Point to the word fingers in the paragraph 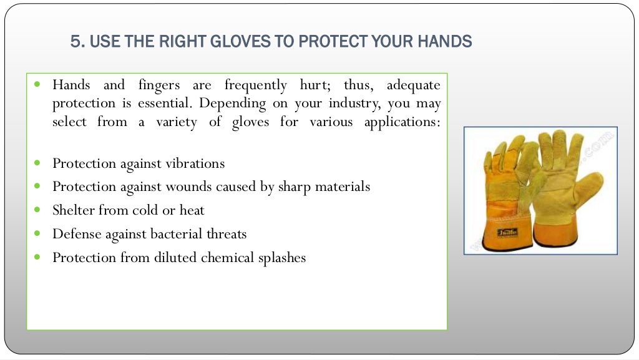(159, 85)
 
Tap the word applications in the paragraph (402, 122)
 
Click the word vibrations (195, 163)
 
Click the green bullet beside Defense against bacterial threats (38, 233)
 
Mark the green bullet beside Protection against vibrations (38, 163)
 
